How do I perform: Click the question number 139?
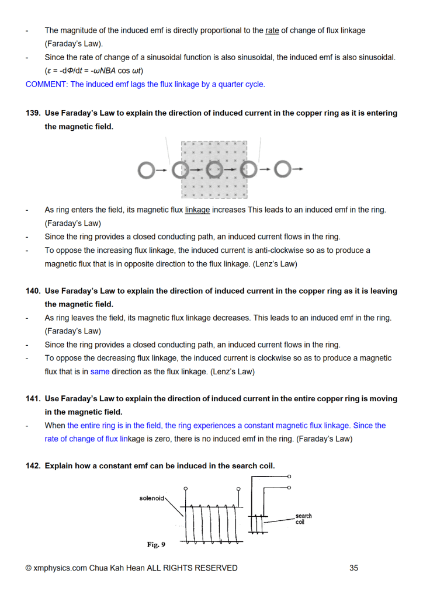click(x=33, y=113)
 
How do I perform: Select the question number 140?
click(x=33, y=291)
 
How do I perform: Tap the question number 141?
click(x=33, y=399)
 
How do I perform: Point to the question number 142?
click(x=33, y=466)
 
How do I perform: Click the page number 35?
click(x=353, y=568)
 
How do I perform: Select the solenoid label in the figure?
click(x=152, y=498)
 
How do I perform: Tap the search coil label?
click(x=304, y=519)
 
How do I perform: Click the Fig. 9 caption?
click(x=156, y=544)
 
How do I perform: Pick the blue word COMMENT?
click(x=46, y=84)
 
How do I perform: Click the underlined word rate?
click(x=272, y=30)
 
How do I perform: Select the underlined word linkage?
click(x=197, y=210)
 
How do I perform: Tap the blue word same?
click(x=100, y=371)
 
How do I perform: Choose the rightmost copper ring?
click(x=282, y=170)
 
